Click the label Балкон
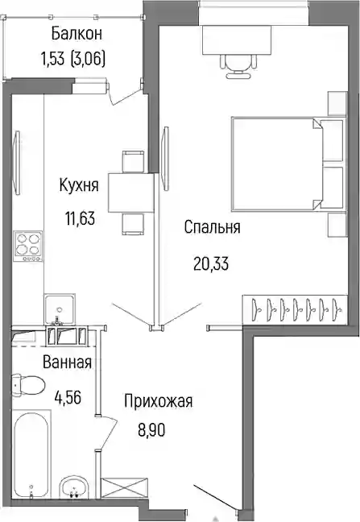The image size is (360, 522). click(x=77, y=35)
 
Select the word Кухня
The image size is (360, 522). click(x=79, y=185)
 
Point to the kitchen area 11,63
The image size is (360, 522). click(x=80, y=219)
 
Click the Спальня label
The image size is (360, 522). click(x=212, y=228)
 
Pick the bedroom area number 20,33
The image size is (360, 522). click(x=211, y=264)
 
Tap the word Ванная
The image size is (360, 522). click(x=67, y=362)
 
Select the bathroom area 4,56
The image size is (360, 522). click(x=68, y=397)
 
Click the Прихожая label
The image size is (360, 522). click(x=159, y=401)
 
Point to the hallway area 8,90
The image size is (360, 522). click(x=151, y=430)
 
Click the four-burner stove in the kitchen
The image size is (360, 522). click(x=28, y=246)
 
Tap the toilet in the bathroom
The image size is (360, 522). click(x=28, y=384)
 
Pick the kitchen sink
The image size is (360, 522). click(x=60, y=309)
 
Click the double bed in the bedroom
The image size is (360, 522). click(x=288, y=164)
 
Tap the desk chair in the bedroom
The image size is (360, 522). click(x=239, y=65)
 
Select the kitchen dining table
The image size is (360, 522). click(x=131, y=194)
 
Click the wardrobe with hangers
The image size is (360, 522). click(x=295, y=309)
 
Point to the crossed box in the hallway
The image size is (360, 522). click(x=124, y=487)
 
